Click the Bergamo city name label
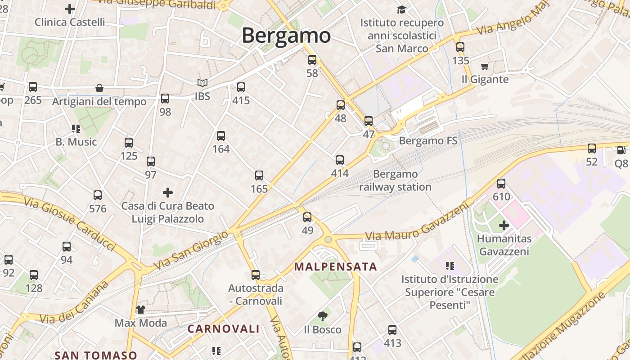pyautogui.click(x=286, y=36)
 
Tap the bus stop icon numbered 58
pyautogui.click(x=312, y=60)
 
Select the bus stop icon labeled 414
pyautogui.click(x=340, y=160)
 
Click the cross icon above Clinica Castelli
pyautogui.click(x=70, y=9)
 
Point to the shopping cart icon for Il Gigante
pyautogui.click(x=485, y=67)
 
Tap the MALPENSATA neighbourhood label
pyautogui.click(x=335, y=266)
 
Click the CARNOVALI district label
pyautogui.click(x=224, y=329)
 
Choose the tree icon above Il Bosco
pyautogui.click(x=322, y=316)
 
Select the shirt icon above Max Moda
pyautogui.click(x=141, y=309)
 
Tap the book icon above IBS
pyautogui.click(x=202, y=83)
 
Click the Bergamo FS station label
pyautogui.click(x=428, y=141)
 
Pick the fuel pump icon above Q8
pyautogui.click(x=621, y=150)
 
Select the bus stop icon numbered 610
pyautogui.click(x=501, y=184)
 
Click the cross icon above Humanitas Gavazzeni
pyautogui.click(x=504, y=225)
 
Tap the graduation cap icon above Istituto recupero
pyautogui.click(x=401, y=9)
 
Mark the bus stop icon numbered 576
pyautogui.click(x=98, y=195)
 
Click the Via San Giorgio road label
pyautogui.click(x=191, y=250)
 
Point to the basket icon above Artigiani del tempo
pyautogui.click(x=99, y=89)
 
